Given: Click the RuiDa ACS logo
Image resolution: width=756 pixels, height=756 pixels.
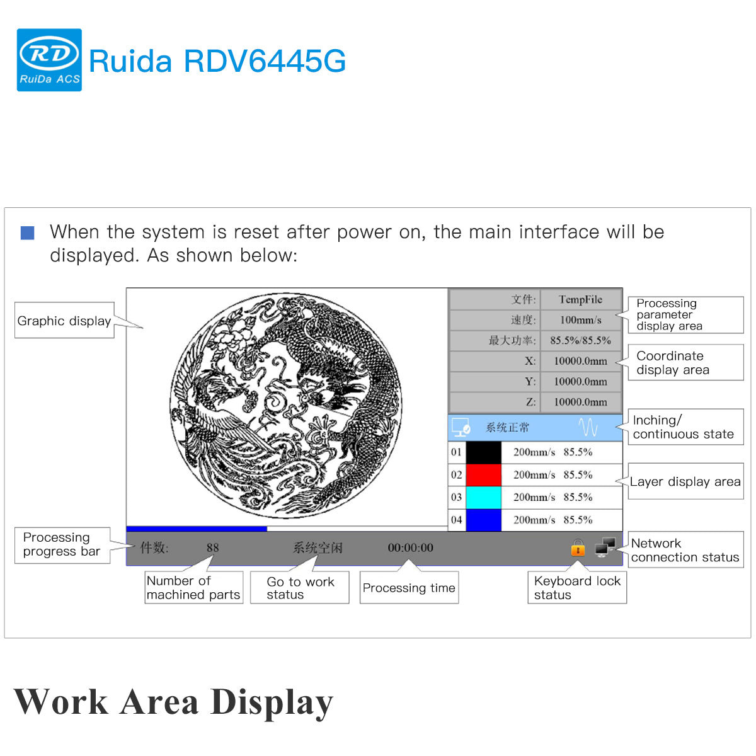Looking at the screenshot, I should click(x=49, y=60).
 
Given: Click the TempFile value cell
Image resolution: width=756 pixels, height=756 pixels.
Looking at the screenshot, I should click(x=580, y=300).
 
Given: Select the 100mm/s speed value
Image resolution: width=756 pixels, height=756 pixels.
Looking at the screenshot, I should click(x=580, y=320).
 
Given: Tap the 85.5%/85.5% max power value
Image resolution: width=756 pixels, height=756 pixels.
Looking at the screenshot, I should click(x=580, y=340).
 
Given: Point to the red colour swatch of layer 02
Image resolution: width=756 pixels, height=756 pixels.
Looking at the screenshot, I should click(x=483, y=474).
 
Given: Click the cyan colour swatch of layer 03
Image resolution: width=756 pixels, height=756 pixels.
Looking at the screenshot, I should click(x=483, y=497).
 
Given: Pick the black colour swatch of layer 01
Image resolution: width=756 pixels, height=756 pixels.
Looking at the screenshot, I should click(x=483, y=452).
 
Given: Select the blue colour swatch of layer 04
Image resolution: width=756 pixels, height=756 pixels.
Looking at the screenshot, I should click(x=483, y=520).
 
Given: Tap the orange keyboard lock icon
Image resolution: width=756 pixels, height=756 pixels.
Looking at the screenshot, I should click(x=578, y=548).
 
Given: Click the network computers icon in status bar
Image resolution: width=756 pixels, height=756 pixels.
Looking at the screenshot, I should click(x=605, y=547).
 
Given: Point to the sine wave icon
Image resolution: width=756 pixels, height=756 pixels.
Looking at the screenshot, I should click(x=588, y=428).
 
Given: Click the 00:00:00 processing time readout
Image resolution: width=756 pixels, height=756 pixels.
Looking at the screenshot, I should click(x=410, y=548).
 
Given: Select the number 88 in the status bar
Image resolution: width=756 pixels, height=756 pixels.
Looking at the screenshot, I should click(x=213, y=548).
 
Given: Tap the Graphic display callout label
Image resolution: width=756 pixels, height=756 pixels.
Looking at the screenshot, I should click(x=64, y=321).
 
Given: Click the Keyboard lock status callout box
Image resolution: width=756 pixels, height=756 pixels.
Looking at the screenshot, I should click(x=576, y=588).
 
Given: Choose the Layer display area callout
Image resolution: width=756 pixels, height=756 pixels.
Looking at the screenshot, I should click(x=685, y=482).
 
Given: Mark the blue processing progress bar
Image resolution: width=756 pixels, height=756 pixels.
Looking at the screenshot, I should click(x=197, y=529).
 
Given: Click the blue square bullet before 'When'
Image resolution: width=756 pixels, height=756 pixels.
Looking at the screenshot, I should click(x=28, y=233).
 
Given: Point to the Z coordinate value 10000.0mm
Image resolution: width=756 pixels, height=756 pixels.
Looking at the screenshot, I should click(x=580, y=402).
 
